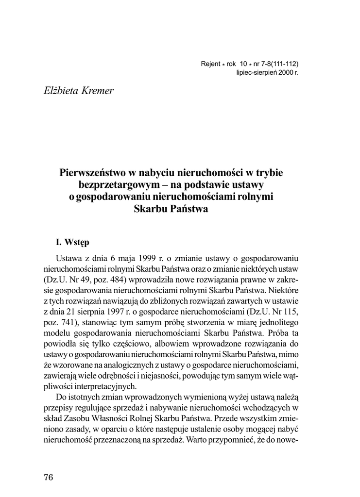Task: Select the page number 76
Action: pos(48,477)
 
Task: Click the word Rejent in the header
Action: pos(210,64)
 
